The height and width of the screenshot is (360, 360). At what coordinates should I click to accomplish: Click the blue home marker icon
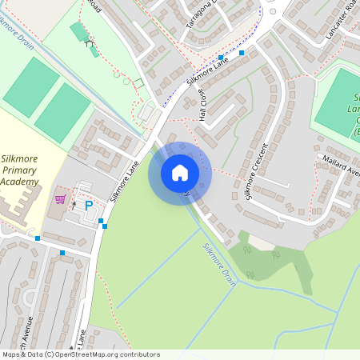click(180, 173)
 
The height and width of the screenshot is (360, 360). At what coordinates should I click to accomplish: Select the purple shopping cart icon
click(60, 199)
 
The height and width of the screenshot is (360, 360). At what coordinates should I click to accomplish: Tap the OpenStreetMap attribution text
click(80, 354)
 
